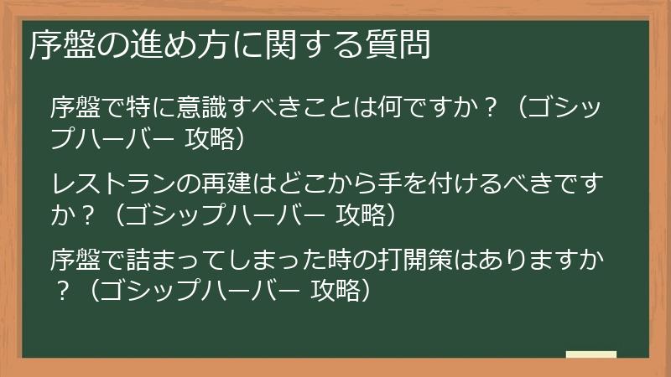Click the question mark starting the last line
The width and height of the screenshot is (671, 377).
point(61,290)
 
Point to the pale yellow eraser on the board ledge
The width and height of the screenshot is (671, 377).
point(590,355)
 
